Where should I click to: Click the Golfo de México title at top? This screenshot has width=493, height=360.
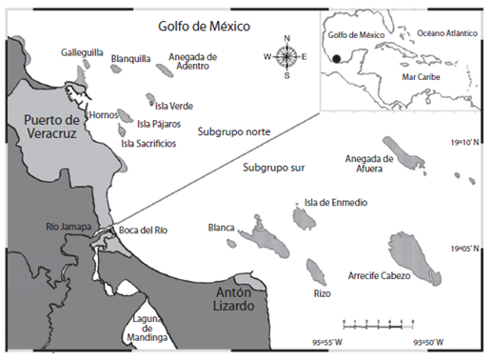(x=205, y=27)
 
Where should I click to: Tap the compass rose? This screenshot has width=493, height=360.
(x=286, y=57)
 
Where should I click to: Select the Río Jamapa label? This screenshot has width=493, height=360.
(x=66, y=227)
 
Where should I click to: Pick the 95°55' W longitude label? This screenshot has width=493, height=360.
(x=323, y=342)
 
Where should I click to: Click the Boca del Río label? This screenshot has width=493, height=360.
(x=142, y=230)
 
